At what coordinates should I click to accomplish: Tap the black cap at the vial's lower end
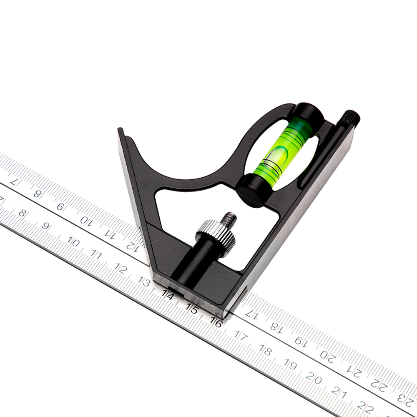(x=254, y=190)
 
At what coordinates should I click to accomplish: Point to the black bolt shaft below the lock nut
(x=196, y=263)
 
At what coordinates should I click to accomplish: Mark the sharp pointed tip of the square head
(x=121, y=131)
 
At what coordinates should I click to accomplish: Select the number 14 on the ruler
(x=168, y=295)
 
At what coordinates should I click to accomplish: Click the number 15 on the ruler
(x=192, y=309)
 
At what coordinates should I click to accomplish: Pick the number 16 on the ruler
(x=216, y=322)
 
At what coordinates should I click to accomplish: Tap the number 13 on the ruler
(x=144, y=282)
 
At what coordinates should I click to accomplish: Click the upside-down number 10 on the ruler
(x=86, y=220)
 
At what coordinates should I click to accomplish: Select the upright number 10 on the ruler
(x=73, y=243)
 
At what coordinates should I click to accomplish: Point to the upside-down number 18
(x=275, y=327)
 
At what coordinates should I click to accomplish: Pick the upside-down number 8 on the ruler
(x=38, y=193)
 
